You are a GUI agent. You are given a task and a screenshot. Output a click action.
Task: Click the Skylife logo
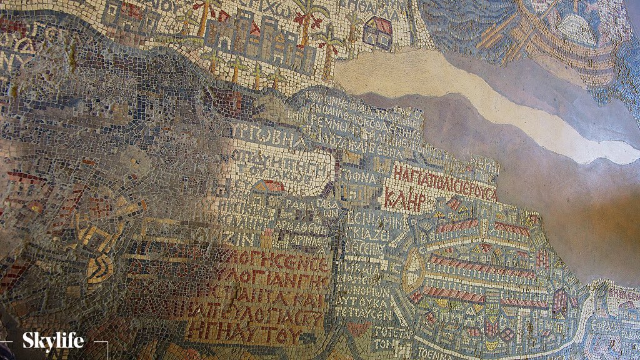53,342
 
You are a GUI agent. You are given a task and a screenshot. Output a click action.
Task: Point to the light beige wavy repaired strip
475,94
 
